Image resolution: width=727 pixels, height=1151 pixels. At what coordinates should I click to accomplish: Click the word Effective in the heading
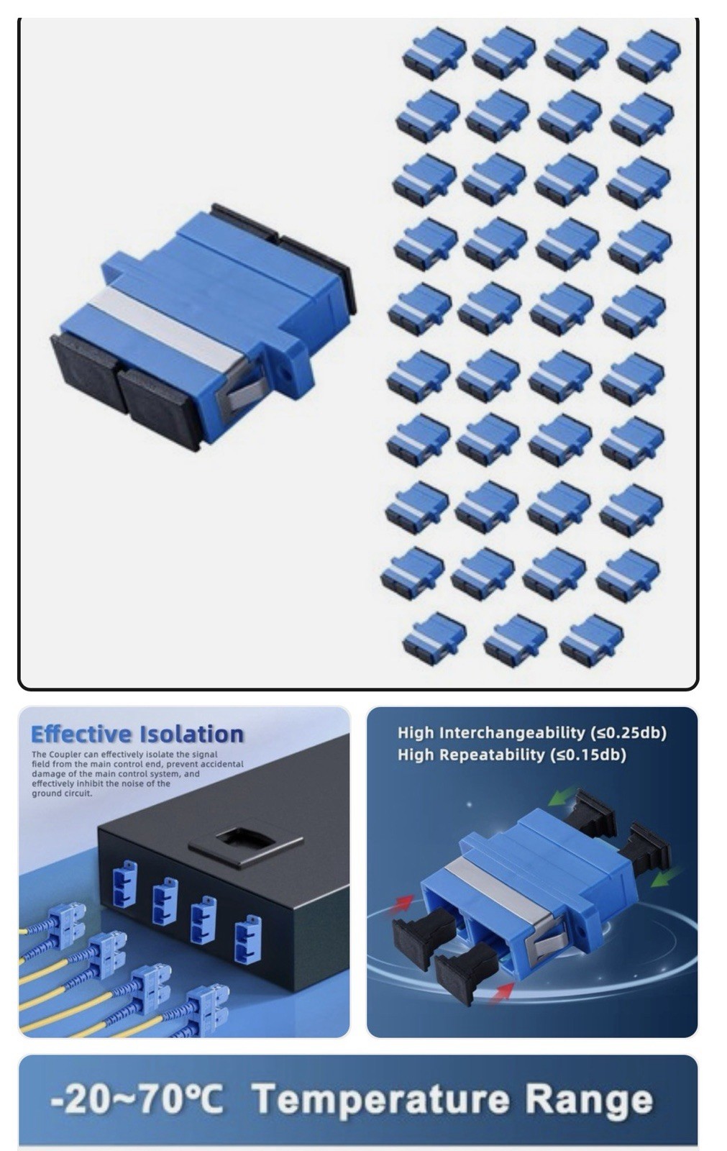click(81, 734)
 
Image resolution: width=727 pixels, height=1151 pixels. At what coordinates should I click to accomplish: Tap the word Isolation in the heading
click(191, 734)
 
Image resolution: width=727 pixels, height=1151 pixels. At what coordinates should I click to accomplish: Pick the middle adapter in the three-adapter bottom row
click(516, 640)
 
